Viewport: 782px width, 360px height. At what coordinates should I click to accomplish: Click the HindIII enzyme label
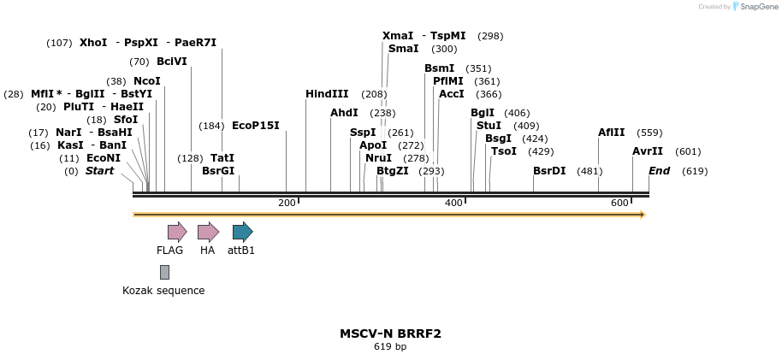[x=327, y=94]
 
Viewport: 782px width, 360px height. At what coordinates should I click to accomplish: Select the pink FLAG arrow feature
[x=177, y=231]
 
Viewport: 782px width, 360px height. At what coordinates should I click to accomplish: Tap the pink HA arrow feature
[x=208, y=231]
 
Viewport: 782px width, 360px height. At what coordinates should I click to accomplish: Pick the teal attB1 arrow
[x=242, y=231]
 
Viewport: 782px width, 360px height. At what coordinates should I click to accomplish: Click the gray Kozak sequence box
[x=164, y=272]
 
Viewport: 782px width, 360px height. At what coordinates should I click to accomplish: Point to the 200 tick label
[x=287, y=203]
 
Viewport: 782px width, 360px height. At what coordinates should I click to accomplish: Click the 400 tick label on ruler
[x=453, y=203]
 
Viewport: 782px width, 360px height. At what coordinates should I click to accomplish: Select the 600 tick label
[x=619, y=203]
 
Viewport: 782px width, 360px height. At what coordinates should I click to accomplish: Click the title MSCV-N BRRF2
[x=390, y=333]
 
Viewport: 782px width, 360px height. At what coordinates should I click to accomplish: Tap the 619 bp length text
[x=390, y=346]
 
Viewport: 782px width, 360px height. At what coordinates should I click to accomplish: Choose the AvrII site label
[x=648, y=151]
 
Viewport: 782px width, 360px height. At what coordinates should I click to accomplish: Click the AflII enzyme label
[x=612, y=133]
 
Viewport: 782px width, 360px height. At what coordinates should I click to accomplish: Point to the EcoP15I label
[x=256, y=126]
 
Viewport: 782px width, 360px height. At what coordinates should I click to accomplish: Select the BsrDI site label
[x=549, y=171]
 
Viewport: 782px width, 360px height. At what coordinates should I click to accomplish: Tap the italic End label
[x=659, y=171]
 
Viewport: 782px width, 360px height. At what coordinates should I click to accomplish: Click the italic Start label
[x=99, y=171]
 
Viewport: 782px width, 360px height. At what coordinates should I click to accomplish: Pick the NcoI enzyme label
[x=146, y=81]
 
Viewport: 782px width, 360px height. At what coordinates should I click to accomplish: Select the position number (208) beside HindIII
[x=374, y=94]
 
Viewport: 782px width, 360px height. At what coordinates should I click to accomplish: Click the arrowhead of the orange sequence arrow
[x=642, y=215]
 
